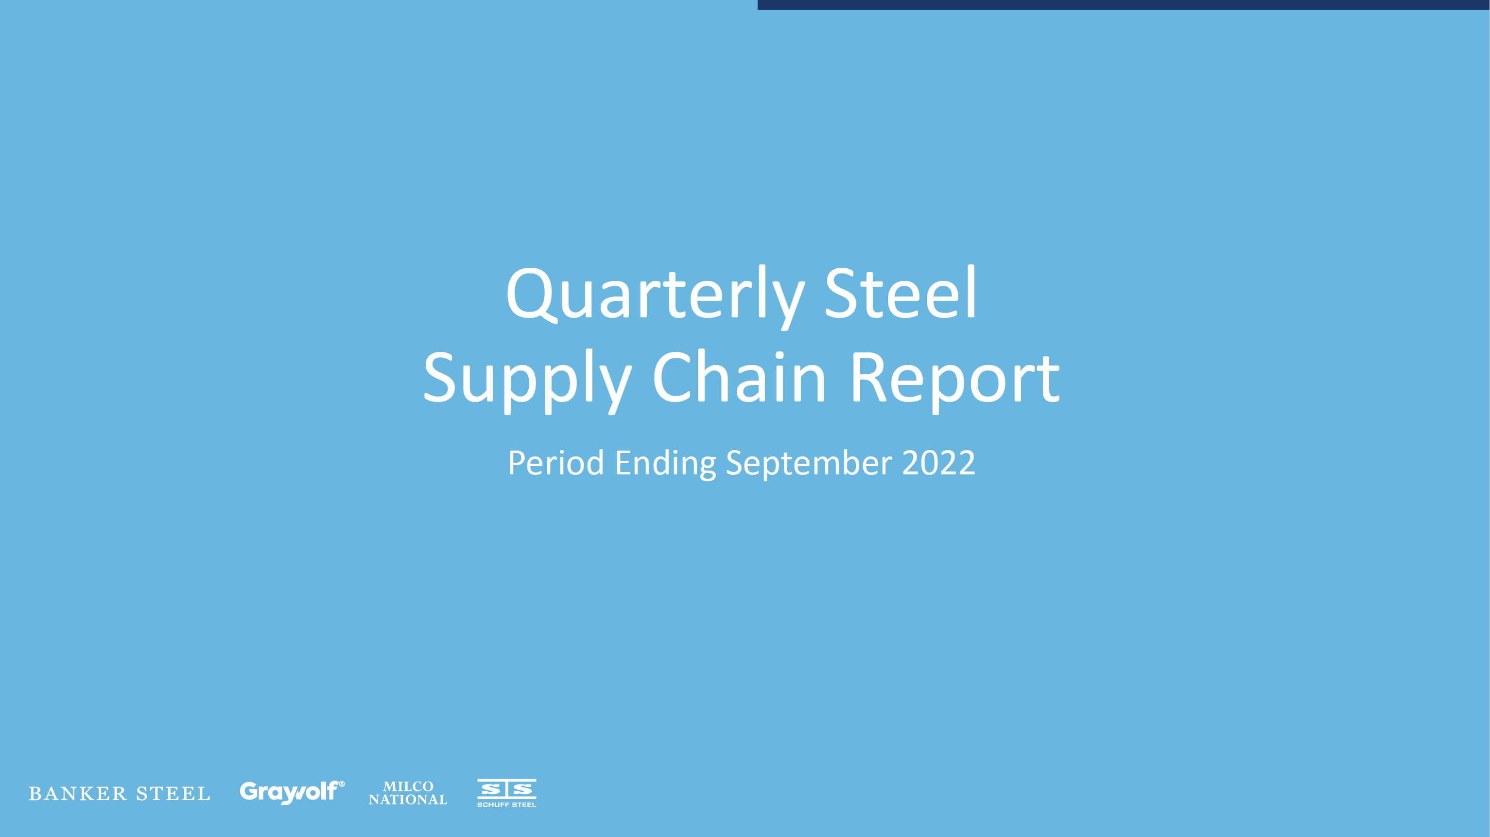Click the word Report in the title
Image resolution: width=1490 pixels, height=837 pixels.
(955, 381)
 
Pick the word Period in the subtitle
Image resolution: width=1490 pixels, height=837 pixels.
(556, 463)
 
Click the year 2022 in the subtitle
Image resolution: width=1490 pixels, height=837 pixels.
(938, 463)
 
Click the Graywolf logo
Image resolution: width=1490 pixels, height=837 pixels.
(292, 792)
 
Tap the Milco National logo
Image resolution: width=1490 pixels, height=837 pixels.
(408, 793)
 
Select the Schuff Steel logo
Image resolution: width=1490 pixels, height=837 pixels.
(507, 792)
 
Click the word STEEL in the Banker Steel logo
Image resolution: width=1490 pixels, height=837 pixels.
(173, 794)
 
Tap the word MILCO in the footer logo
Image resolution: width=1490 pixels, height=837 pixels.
(408, 786)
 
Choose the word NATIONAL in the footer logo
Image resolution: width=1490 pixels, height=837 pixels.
(408, 800)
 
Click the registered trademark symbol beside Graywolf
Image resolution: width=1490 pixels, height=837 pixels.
(342, 784)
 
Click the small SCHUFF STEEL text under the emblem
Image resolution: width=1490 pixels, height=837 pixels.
(507, 804)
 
